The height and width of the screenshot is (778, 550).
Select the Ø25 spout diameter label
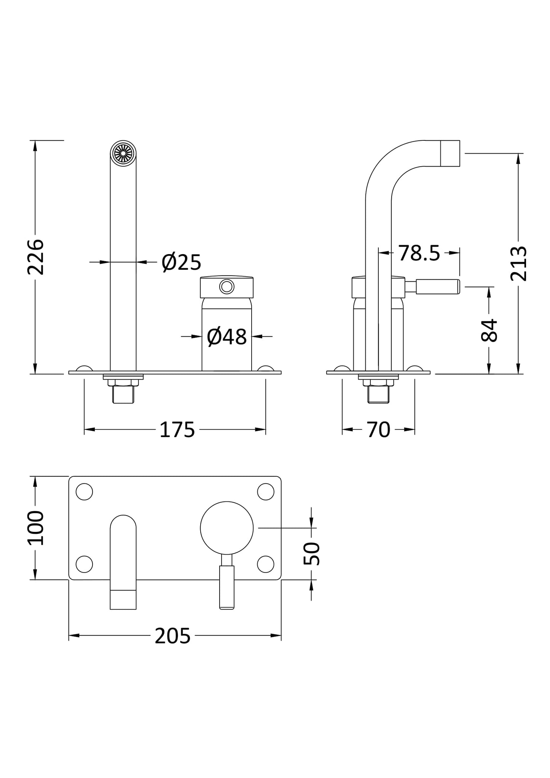(x=181, y=262)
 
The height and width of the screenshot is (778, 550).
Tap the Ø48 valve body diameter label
(x=226, y=337)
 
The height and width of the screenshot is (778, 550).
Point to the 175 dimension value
(x=177, y=430)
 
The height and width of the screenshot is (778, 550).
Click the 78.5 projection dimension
(x=419, y=253)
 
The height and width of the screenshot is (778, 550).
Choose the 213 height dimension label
(x=518, y=264)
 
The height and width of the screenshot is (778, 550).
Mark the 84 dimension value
(x=489, y=330)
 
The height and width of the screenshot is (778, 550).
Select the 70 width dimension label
(x=379, y=430)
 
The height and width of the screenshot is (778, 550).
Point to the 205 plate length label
(x=172, y=636)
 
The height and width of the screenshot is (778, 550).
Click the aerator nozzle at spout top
(x=123, y=153)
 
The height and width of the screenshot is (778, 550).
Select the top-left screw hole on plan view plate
(x=84, y=492)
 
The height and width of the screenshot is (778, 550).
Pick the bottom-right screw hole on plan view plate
(x=265, y=564)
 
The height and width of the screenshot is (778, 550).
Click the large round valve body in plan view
(x=226, y=528)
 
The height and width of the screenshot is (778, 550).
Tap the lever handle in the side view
(x=438, y=286)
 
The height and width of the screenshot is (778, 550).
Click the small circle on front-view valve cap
(x=227, y=286)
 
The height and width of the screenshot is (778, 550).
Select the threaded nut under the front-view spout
(x=123, y=382)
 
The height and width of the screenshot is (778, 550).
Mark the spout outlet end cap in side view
(x=450, y=153)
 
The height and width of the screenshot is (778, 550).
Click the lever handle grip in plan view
(x=227, y=587)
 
